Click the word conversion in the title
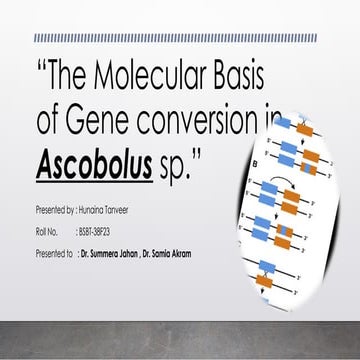click(209, 121)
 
